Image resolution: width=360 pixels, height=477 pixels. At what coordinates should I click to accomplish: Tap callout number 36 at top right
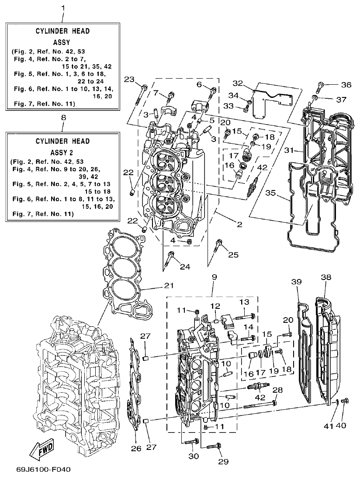[x=346, y=85]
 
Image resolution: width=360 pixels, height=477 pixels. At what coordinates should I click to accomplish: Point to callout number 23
[x=129, y=79]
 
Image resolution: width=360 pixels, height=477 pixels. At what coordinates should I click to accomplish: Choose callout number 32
[x=249, y=83]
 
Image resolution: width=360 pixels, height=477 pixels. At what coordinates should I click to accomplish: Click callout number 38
[x=326, y=277]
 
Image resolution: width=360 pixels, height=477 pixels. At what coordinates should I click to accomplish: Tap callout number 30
[x=194, y=456]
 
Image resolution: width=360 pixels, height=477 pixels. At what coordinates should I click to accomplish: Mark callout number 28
[x=278, y=390]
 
